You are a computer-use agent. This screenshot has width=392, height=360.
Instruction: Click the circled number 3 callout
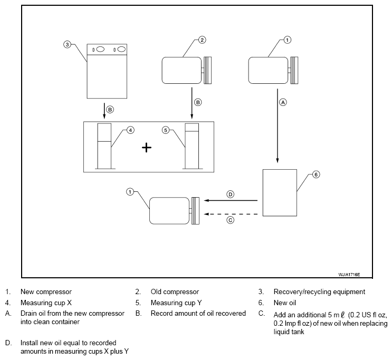tap(67, 45)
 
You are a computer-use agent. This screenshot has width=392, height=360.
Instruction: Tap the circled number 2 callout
tap(202, 40)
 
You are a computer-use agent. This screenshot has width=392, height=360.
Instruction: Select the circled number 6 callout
tap(316, 174)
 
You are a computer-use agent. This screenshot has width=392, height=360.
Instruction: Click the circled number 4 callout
tap(130, 130)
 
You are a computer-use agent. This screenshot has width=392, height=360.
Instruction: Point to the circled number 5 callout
tap(166, 130)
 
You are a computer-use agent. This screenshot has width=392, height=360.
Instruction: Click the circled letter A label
tap(283, 102)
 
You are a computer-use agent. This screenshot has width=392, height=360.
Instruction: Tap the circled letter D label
tap(230, 194)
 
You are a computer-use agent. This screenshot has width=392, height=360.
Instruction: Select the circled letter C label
tap(230, 220)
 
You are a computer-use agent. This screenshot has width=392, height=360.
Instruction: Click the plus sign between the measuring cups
tap(147, 148)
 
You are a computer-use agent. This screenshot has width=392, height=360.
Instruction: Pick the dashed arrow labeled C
tap(231, 214)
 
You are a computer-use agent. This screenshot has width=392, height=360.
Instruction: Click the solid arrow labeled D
tap(231, 200)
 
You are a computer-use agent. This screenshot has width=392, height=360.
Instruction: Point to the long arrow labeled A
tap(278, 125)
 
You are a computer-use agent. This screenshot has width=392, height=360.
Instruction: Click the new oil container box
tap(280, 192)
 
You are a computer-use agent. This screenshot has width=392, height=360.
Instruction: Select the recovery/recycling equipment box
tap(107, 71)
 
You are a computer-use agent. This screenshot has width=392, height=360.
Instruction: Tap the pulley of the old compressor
tap(207, 71)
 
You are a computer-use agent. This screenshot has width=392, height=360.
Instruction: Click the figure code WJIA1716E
tap(349, 275)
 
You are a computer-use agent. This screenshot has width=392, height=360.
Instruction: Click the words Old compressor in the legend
tap(175, 292)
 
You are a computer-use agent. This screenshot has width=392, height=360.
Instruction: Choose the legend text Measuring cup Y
tap(176, 303)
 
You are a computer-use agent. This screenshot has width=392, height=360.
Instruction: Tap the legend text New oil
tap(285, 303)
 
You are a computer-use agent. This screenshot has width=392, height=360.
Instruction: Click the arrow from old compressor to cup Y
tap(192, 103)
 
